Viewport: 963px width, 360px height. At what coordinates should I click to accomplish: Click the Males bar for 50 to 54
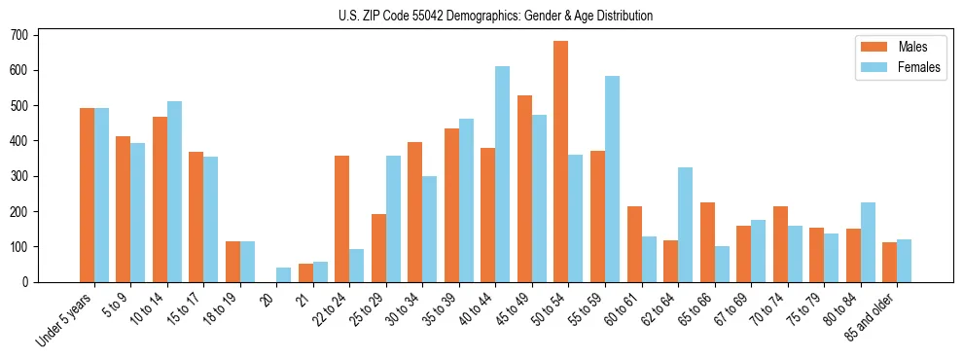click(561, 162)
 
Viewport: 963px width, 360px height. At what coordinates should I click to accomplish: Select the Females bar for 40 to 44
click(503, 174)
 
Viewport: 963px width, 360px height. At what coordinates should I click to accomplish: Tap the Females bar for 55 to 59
click(612, 179)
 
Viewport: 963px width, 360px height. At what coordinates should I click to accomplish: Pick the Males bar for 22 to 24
click(342, 219)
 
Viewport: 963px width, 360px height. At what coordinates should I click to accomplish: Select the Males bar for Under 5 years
click(87, 195)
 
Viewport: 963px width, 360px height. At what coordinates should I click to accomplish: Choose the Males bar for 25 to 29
click(378, 248)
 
